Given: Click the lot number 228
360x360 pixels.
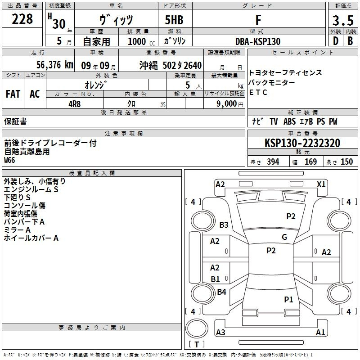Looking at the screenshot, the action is [22, 19].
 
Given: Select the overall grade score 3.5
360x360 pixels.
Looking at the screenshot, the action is [343, 20].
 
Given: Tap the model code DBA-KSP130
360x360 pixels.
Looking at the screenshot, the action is [258, 41].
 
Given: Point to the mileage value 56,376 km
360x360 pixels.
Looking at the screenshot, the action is [55, 65].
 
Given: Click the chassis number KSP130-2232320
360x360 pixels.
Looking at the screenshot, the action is [302, 143].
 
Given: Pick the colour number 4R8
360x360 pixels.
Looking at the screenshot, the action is [75, 104].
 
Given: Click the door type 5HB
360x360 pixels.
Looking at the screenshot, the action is [174, 20].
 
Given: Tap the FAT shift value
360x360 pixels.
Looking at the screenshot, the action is [13, 94].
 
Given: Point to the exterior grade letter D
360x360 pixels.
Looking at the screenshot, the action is [336, 41].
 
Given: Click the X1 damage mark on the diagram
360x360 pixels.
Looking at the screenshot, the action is [321, 184].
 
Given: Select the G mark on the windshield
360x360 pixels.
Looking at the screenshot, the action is [284, 237].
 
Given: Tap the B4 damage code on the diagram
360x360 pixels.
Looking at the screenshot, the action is [221, 292].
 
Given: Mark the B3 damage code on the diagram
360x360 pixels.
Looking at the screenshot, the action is [224, 225].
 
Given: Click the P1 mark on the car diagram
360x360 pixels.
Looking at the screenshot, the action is [288, 299].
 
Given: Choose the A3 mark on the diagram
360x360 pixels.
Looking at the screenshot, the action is [220, 332].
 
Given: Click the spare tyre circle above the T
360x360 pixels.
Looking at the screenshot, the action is [197, 328].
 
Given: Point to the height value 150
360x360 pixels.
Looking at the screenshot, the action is [346, 162].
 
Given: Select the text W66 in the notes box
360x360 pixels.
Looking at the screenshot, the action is [9, 160].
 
